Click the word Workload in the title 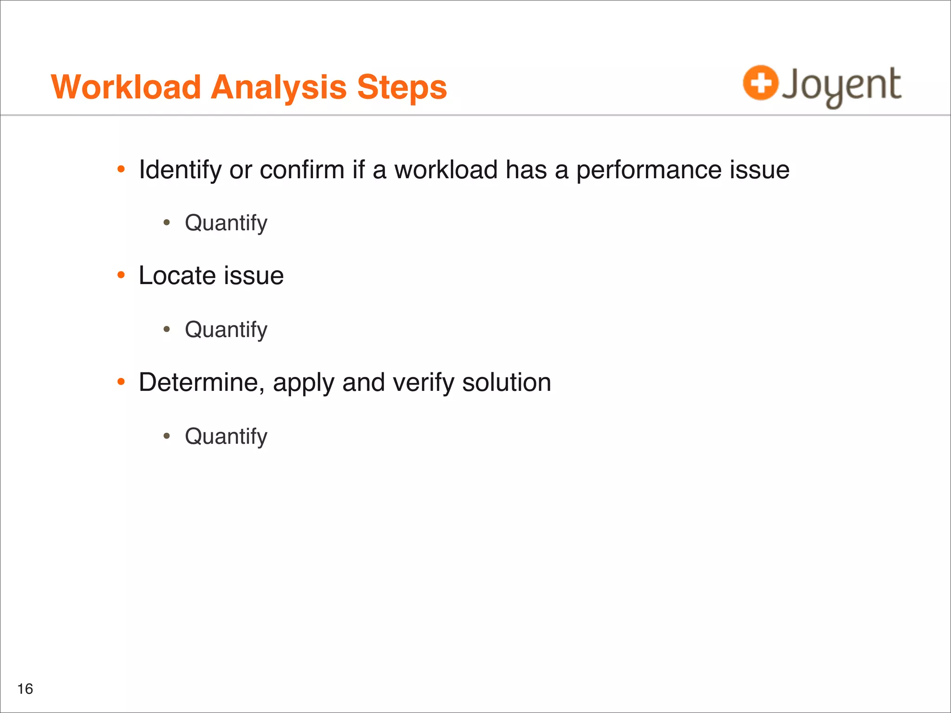(x=126, y=87)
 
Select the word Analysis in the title (x=279, y=87)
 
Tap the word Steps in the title (x=402, y=88)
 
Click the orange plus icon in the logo (x=760, y=83)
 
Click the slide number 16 (x=25, y=689)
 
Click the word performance (x=649, y=170)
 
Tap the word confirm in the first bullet (x=302, y=170)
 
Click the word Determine (x=202, y=382)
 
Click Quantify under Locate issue (x=226, y=330)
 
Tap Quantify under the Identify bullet (x=226, y=223)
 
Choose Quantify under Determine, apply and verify (x=226, y=437)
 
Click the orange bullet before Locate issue (x=121, y=275)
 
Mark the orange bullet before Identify (x=121, y=169)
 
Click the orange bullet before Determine (x=121, y=382)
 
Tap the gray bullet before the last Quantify (x=167, y=436)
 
